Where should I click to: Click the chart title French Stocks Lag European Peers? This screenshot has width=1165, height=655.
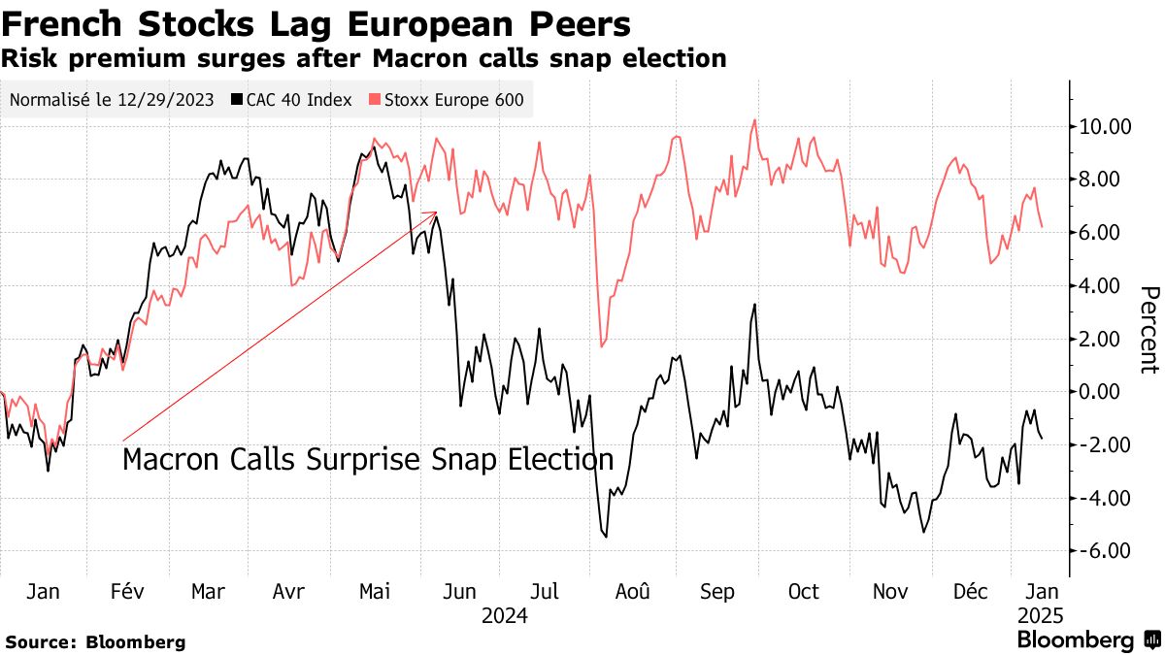pos(316,23)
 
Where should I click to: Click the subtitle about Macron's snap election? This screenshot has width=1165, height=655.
pos(363,58)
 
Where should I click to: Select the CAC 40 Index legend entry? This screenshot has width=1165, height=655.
pos(291,100)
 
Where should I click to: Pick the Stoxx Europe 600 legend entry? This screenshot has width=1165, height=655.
pos(446,100)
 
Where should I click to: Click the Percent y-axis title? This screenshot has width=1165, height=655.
pos(1149,330)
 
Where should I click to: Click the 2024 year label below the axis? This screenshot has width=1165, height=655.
pos(504,615)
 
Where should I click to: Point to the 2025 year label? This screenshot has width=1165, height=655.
pos(1041,615)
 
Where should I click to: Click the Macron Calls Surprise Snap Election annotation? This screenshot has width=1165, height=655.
pos(368,460)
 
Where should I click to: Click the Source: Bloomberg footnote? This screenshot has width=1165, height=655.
pos(95,641)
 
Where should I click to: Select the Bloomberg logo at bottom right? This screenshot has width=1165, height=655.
pos(1087,640)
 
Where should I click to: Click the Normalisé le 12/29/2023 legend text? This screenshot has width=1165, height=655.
pos(114,100)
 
